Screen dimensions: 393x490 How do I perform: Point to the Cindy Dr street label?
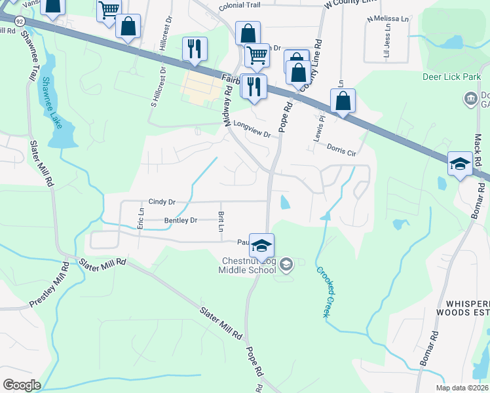pos(162,202)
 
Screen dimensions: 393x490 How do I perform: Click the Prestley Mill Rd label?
pos(49,285)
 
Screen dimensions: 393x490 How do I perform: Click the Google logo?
pos(22,385)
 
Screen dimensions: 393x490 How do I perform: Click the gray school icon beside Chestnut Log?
pos(286,265)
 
